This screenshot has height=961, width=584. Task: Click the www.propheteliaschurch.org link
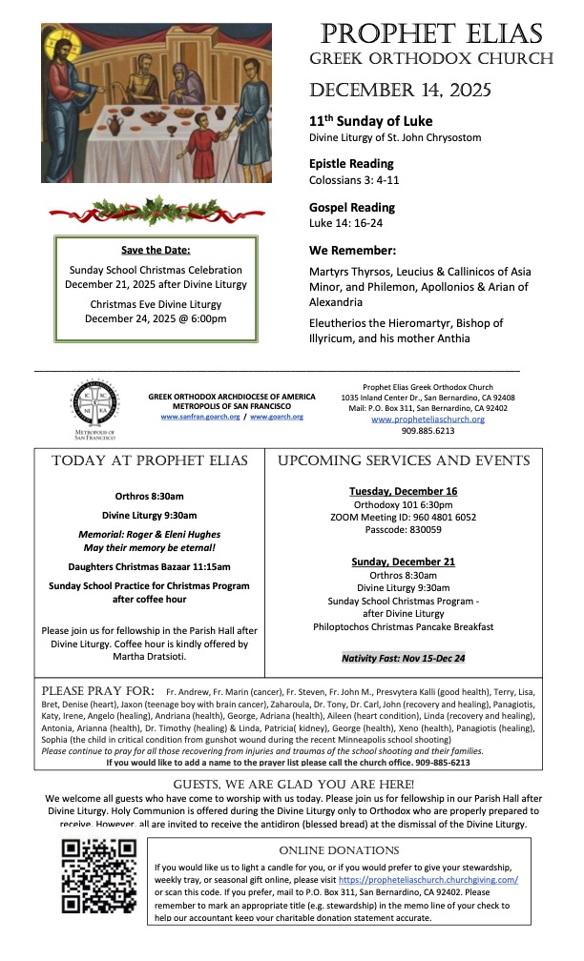pos(428,419)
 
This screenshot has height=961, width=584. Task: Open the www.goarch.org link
pos(277,417)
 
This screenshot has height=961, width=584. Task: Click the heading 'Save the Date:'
pos(156,250)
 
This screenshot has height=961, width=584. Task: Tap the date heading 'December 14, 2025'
pos(400,92)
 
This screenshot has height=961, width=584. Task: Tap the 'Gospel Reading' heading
pos(351,207)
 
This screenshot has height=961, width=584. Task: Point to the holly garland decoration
pos(156,210)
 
